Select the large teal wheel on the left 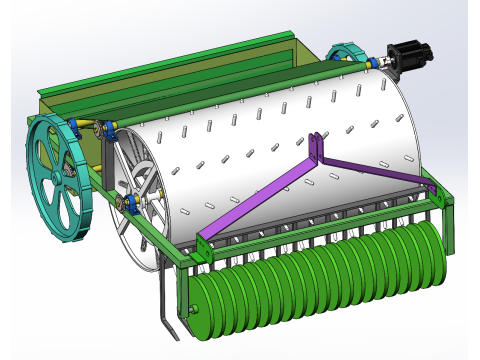pos(61,180)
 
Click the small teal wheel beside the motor pos(344,54)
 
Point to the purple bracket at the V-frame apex pos(318,148)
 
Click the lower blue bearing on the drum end pos(130,205)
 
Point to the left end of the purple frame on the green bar pos(203,239)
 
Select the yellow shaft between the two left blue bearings pos(95,126)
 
